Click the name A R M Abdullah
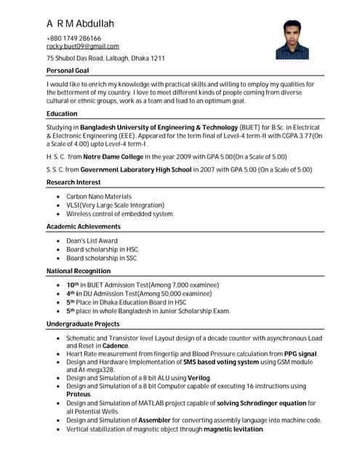tap(80, 24)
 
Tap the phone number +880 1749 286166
tap(73, 39)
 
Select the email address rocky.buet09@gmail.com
tap(82, 46)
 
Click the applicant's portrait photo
tap(292, 39)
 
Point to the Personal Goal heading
tap(68, 70)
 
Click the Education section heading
tap(62, 114)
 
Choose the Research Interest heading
tap(73, 182)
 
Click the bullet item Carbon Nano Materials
tap(99, 196)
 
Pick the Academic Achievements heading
tap(84, 227)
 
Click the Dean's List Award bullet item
tap(92, 240)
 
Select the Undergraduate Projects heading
tap(83, 323)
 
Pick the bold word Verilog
tap(199, 378)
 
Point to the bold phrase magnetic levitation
tap(233, 429)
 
